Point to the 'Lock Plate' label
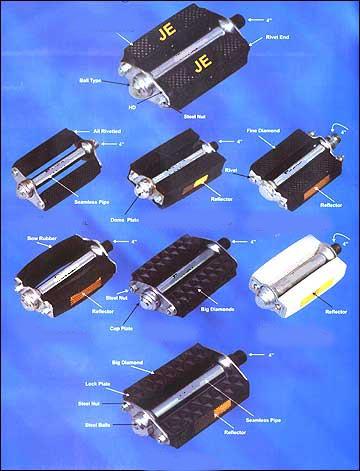97,383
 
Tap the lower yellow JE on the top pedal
204,62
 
